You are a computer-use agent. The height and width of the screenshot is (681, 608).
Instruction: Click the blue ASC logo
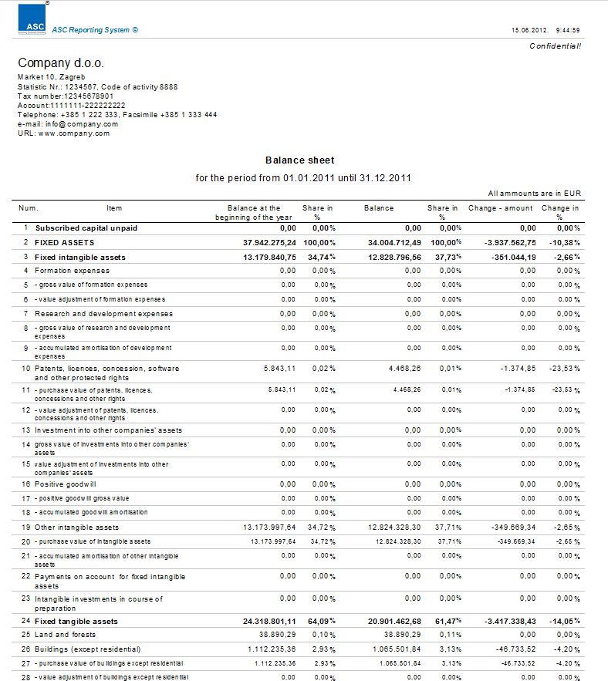pyautogui.click(x=32, y=20)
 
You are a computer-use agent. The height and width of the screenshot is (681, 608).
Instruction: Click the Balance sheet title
pyautogui.click(x=299, y=160)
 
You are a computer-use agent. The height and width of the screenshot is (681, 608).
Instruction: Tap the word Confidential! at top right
pyautogui.click(x=555, y=46)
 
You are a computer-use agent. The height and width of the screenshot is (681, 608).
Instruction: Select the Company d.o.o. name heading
pyautogui.click(x=60, y=63)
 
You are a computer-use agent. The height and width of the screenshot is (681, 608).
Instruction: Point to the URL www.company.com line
pyautogui.click(x=64, y=133)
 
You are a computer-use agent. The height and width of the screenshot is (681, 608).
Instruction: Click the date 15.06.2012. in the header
pyautogui.click(x=529, y=30)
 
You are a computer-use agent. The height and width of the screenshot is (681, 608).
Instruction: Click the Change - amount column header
pyautogui.click(x=500, y=208)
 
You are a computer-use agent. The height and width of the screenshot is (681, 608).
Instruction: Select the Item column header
pyautogui.click(x=114, y=208)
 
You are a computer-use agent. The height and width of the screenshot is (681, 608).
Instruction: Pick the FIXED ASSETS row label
pyautogui.click(x=64, y=242)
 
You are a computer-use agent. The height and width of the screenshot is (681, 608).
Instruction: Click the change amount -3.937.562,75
pyautogui.click(x=505, y=242)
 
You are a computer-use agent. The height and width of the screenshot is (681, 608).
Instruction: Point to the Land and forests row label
pyautogui.click(x=66, y=634)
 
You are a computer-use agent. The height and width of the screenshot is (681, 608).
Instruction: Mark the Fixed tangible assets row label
pyautogui.click(x=76, y=621)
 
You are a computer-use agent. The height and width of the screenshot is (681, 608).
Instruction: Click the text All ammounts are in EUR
pyautogui.click(x=534, y=194)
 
